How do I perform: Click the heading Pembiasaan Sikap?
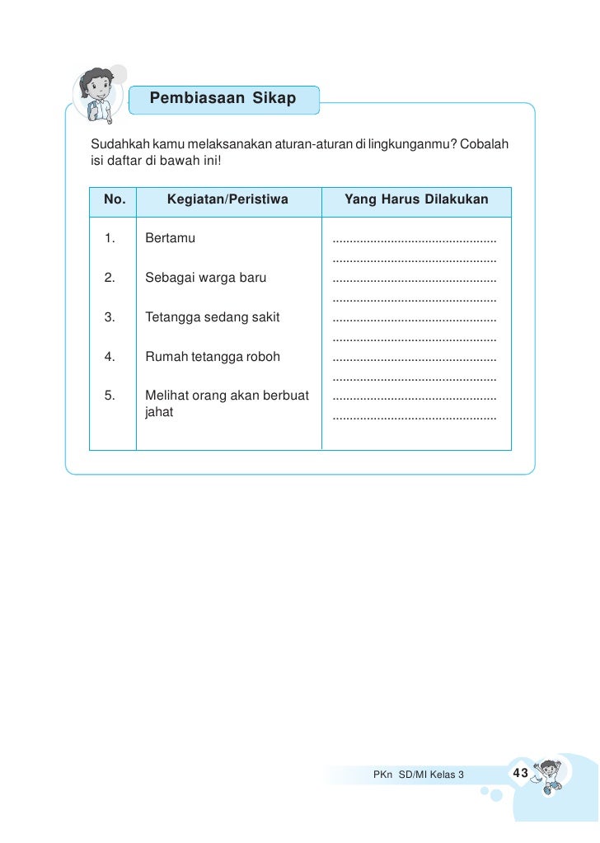(223, 99)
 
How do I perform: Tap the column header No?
(115, 199)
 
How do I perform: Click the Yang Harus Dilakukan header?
(416, 199)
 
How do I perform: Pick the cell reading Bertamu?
(170, 239)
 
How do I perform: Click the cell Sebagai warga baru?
(205, 278)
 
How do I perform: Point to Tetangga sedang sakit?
(212, 317)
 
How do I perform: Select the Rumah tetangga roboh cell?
(213, 357)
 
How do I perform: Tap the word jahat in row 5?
(159, 412)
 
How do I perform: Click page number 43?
(520, 773)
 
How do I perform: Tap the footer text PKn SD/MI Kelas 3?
(419, 775)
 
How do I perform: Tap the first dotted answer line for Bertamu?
(414, 241)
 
